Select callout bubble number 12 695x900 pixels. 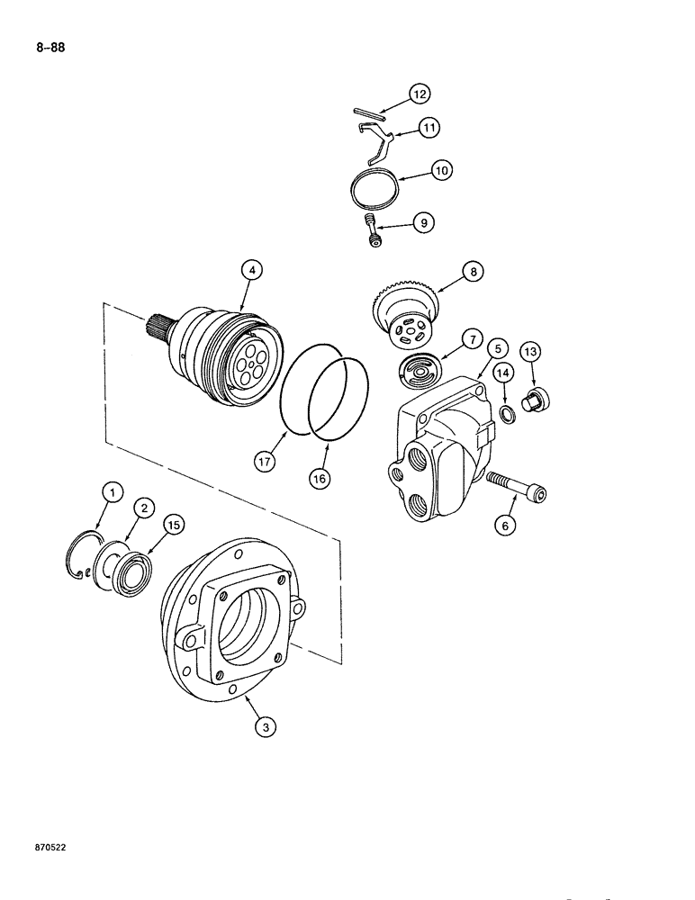click(x=420, y=93)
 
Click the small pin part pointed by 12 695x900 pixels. click(x=369, y=112)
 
